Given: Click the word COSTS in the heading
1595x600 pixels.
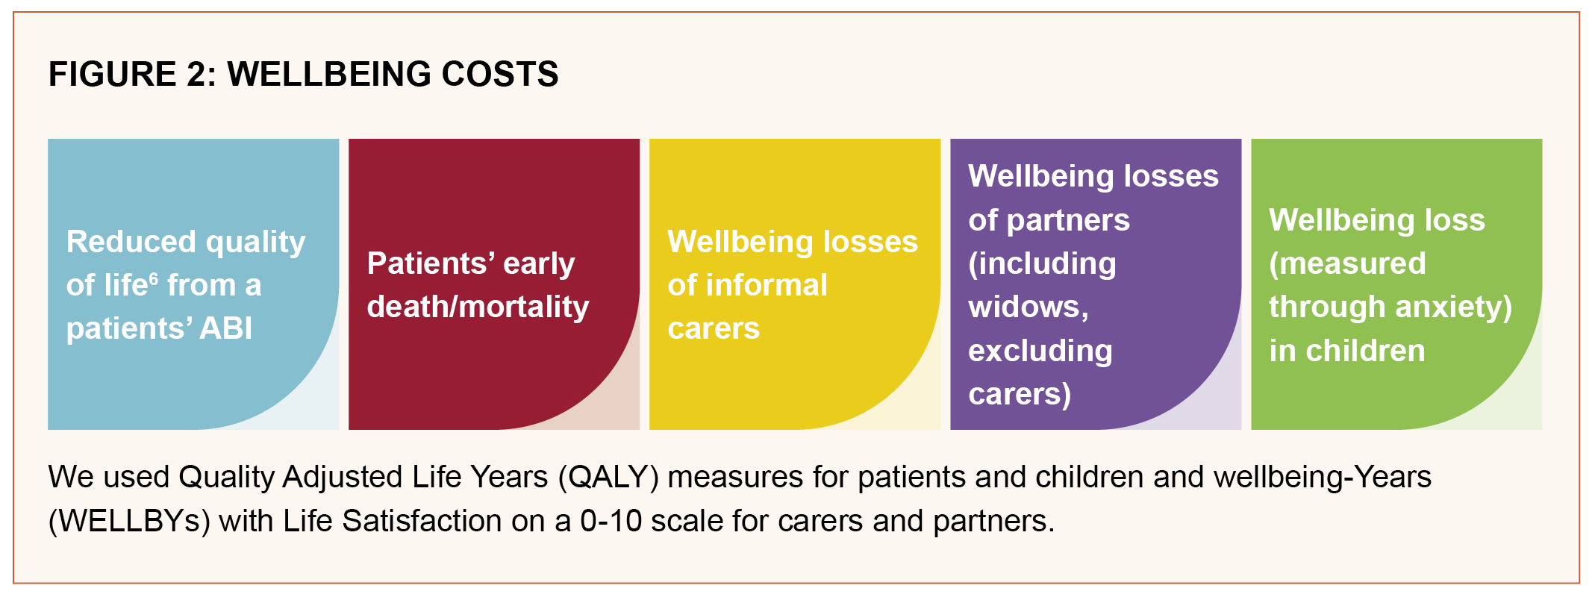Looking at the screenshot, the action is [500, 75].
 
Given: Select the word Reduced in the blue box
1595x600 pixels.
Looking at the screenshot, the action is [131, 242].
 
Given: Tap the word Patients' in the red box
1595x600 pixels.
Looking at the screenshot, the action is [431, 263].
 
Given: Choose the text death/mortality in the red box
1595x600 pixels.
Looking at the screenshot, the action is [478, 307].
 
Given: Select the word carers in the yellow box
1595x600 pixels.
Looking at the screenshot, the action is [714, 328].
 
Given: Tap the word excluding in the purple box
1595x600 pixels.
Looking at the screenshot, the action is [1040, 351].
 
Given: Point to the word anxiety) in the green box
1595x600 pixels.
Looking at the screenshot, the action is [1455, 307].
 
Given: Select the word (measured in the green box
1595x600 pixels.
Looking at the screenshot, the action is [1347, 263].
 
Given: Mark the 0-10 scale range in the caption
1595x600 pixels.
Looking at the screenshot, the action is [611, 521].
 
